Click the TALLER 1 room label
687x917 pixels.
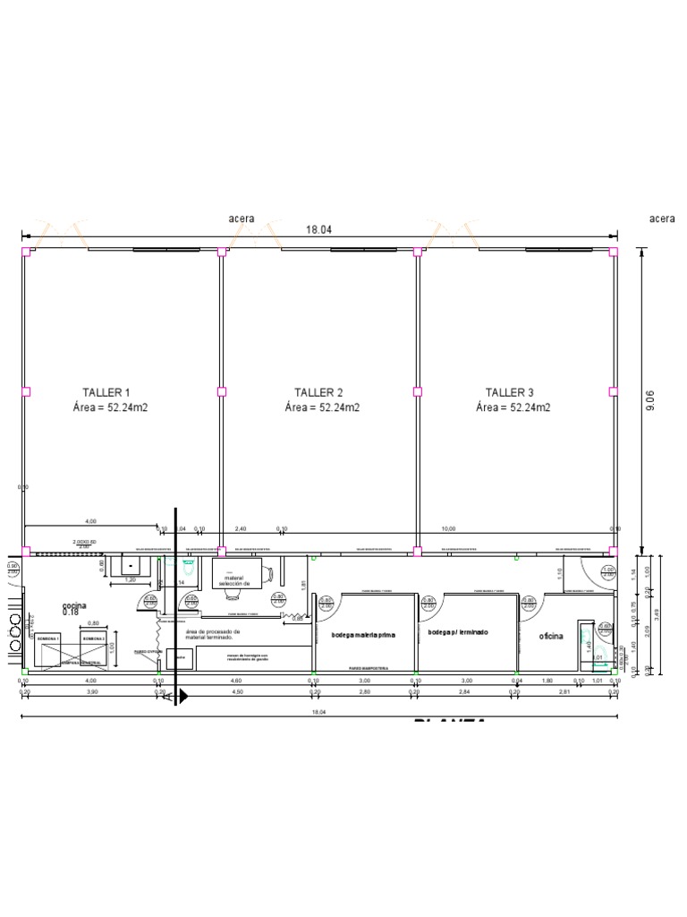click(x=106, y=392)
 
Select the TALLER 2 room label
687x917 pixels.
click(x=318, y=392)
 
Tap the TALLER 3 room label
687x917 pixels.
click(x=510, y=392)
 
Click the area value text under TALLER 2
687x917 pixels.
click(x=322, y=407)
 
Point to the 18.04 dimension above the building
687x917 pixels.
click(x=318, y=230)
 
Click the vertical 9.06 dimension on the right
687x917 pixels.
click(x=650, y=400)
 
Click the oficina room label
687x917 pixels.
click(x=550, y=636)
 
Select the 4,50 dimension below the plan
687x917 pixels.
click(x=237, y=691)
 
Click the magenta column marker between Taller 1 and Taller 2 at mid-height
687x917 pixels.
click(x=221, y=391)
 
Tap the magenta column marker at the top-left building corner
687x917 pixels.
click(x=25, y=252)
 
